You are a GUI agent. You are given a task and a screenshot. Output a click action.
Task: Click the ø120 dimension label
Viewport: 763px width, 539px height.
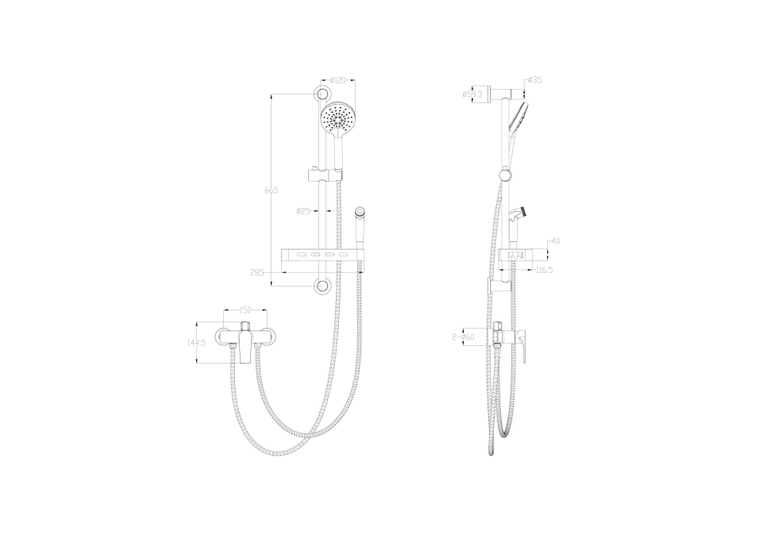coord(337,80)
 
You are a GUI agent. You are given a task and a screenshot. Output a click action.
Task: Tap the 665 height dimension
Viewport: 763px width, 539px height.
coord(271,191)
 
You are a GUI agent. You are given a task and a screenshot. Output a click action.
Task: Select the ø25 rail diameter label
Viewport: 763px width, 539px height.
coord(303,211)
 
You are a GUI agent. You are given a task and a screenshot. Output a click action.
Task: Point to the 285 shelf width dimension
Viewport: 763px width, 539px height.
coord(257,272)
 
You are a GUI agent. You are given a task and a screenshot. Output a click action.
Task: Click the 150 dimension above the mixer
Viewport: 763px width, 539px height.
coord(245,310)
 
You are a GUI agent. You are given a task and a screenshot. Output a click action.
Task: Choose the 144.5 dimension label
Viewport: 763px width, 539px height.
coord(197,342)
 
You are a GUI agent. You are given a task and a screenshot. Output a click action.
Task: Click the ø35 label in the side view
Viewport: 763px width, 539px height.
coord(535,80)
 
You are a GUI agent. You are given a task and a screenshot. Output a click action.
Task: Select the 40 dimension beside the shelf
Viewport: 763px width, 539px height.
coord(556,241)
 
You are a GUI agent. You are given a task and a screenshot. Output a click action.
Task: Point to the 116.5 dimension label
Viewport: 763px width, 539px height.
coord(544,270)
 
